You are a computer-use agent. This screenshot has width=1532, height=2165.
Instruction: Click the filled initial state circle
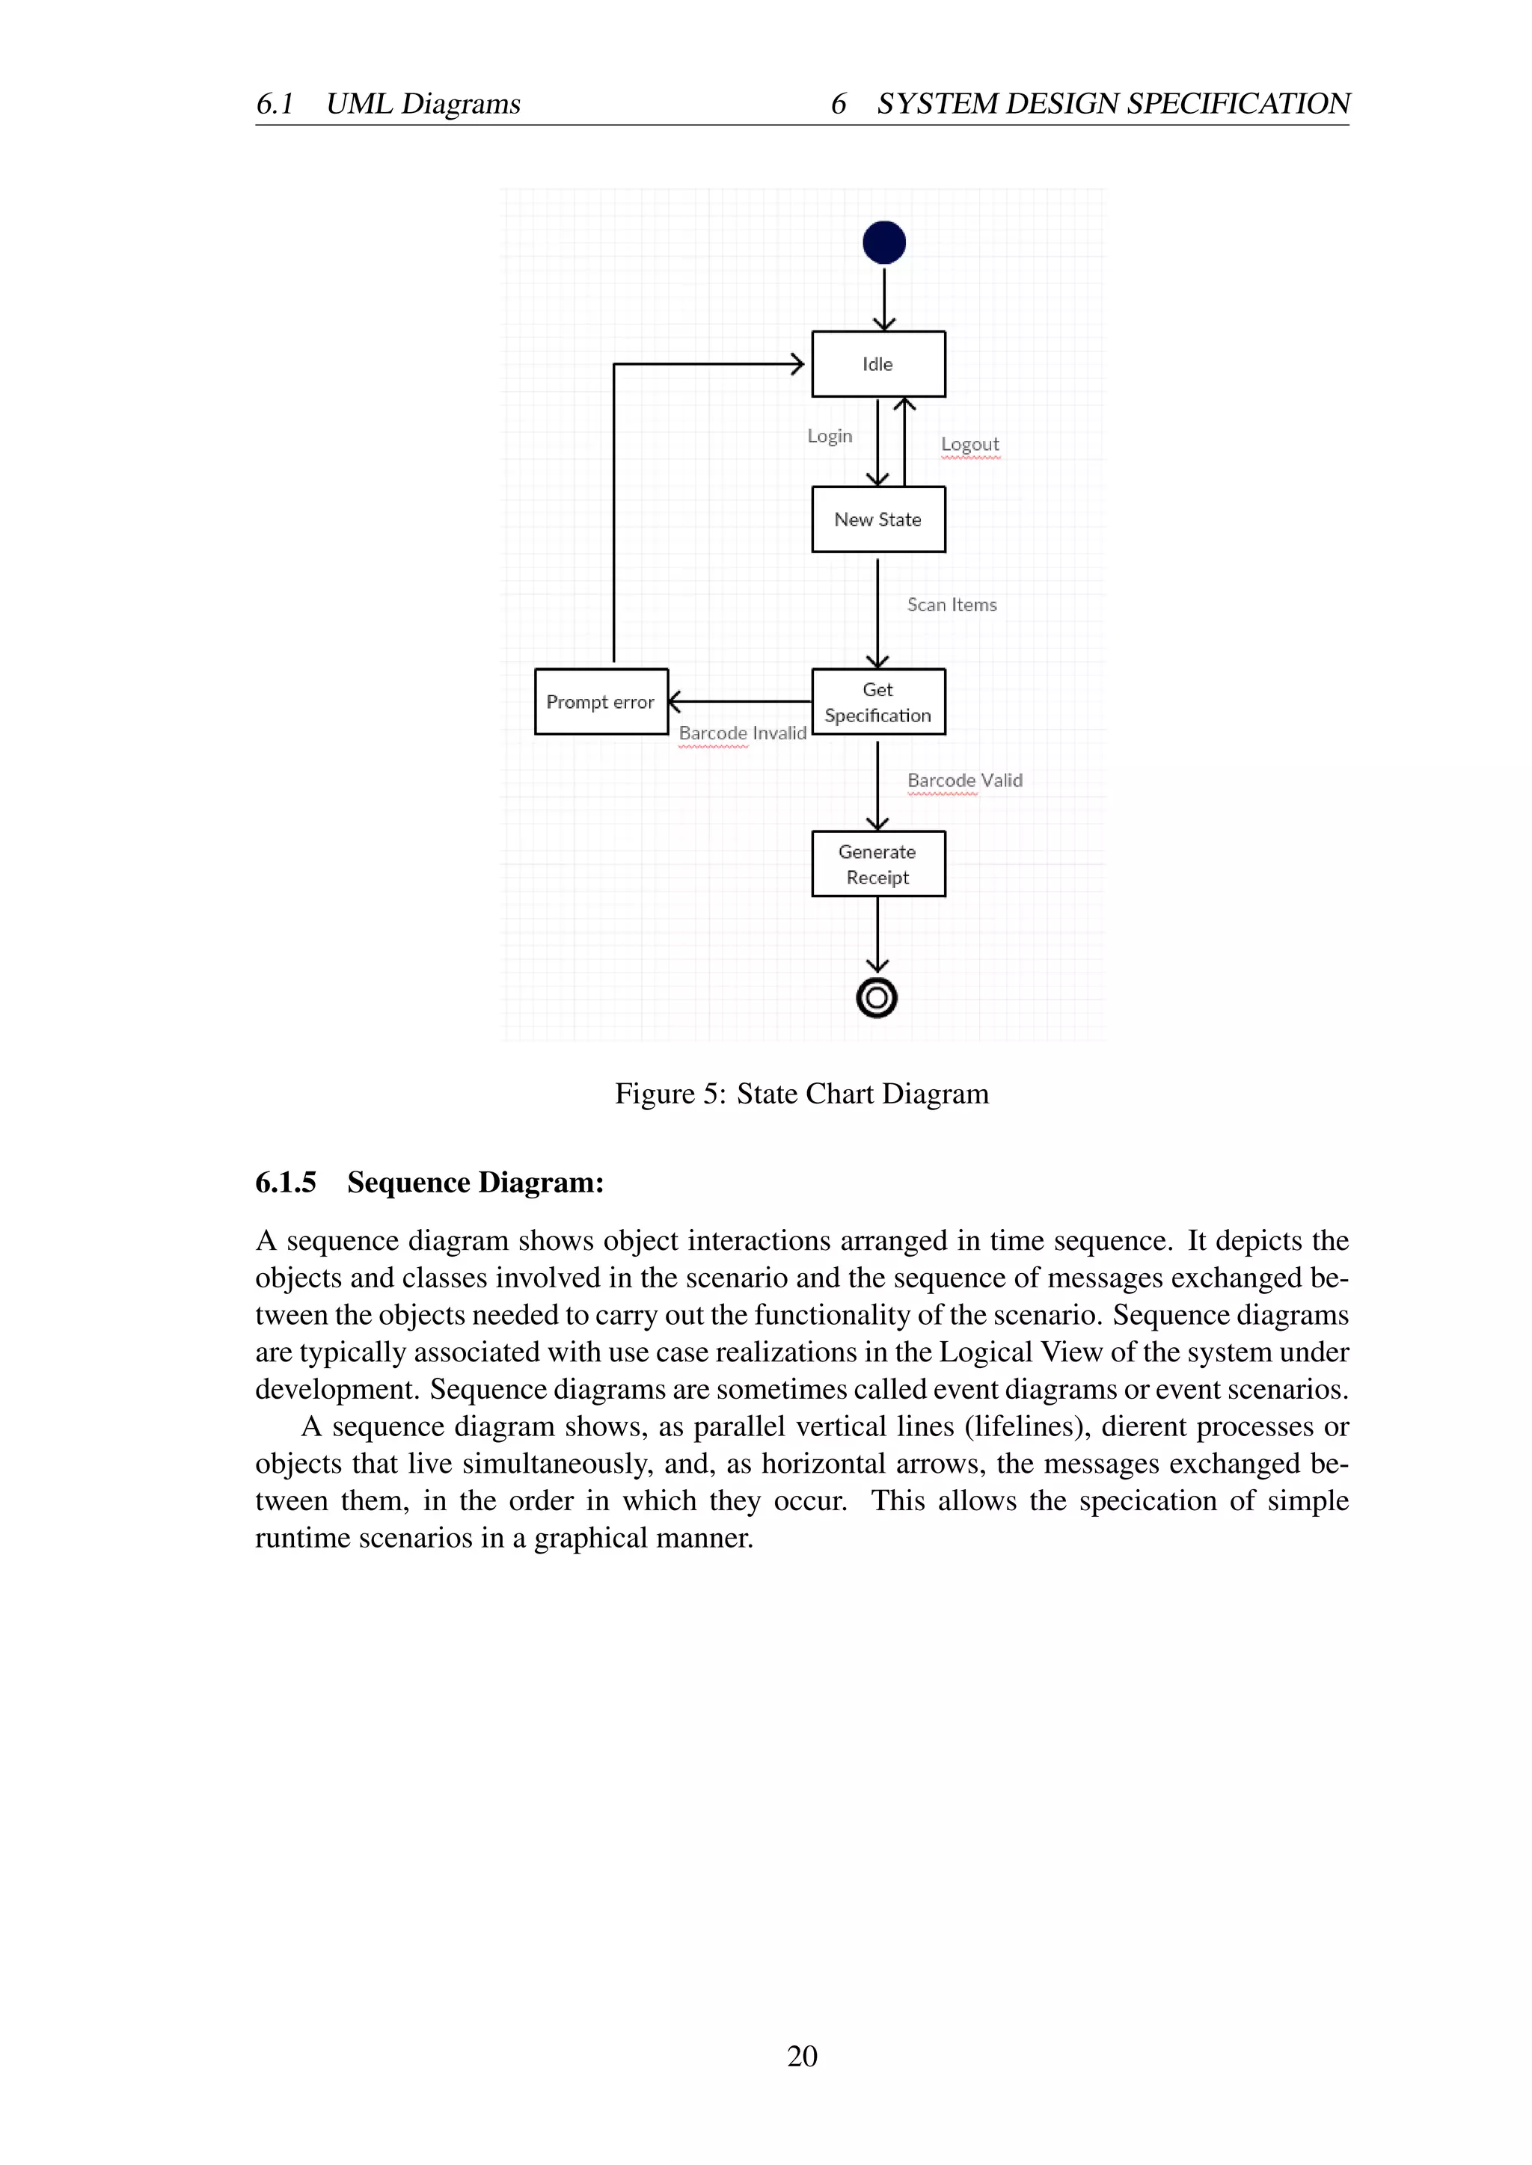(x=884, y=242)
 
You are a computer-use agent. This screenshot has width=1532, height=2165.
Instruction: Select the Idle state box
(x=878, y=364)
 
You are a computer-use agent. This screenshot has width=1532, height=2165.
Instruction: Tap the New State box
(x=878, y=520)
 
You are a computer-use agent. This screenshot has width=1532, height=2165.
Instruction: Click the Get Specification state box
(x=878, y=701)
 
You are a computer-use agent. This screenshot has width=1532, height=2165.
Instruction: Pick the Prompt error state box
(x=601, y=701)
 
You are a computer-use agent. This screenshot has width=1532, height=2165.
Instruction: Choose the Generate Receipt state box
(x=878, y=863)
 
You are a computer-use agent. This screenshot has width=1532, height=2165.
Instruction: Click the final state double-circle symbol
(x=877, y=997)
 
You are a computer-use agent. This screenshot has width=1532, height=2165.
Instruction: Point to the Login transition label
(x=829, y=437)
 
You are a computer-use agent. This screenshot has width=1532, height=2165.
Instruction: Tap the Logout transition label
(x=969, y=444)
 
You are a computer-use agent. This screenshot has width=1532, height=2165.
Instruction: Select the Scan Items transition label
(x=952, y=606)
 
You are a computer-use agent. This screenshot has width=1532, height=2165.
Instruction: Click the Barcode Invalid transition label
(x=742, y=733)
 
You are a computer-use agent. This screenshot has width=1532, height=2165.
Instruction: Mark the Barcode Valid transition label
(x=964, y=780)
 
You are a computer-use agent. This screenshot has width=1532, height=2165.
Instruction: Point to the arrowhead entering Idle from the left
(x=798, y=364)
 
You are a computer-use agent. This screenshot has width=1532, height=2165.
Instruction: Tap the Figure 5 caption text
(x=802, y=1094)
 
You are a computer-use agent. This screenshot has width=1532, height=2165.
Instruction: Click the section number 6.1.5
(x=286, y=1183)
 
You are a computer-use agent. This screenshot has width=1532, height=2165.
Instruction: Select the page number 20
(x=802, y=2057)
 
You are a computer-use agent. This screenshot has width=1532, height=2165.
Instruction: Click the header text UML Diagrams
(x=423, y=104)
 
